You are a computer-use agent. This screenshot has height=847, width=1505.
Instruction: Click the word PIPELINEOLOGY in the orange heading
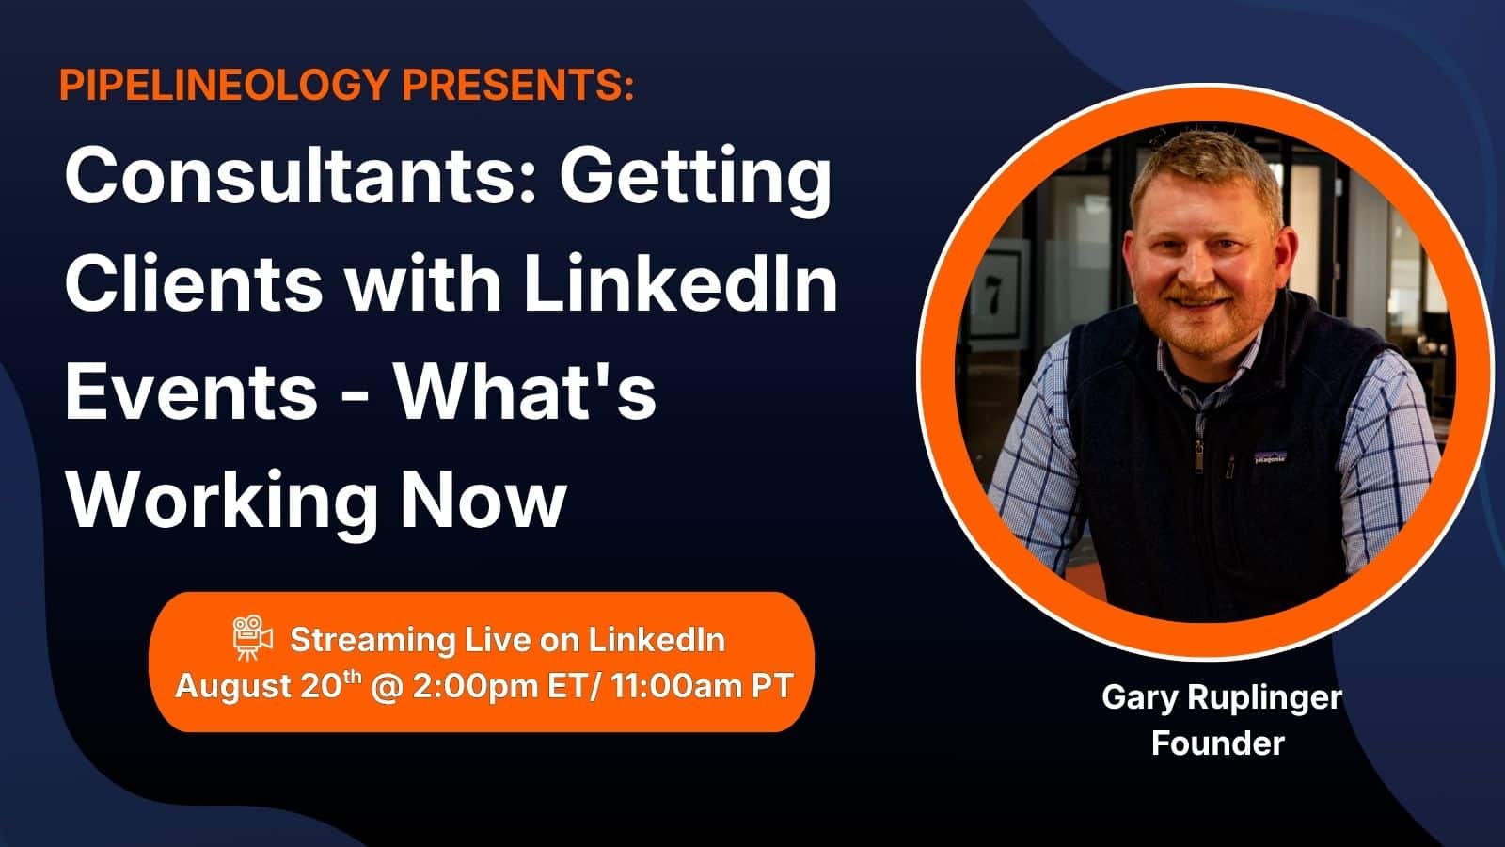click(x=225, y=85)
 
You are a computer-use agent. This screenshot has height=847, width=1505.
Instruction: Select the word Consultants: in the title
click(x=301, y=176)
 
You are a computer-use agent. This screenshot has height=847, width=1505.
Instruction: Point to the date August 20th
click(x=268, y=686)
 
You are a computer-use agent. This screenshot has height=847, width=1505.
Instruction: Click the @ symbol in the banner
click(x=387, y=687)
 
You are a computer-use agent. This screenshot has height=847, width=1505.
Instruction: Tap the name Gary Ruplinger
click(x=1222, y=697)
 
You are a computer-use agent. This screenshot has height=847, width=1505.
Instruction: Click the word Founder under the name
click(x=1218, y=743)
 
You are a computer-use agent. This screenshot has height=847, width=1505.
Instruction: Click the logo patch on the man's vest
click(x=1271, y=457)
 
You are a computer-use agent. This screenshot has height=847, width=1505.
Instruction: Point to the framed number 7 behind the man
click(x=992, y=295)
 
